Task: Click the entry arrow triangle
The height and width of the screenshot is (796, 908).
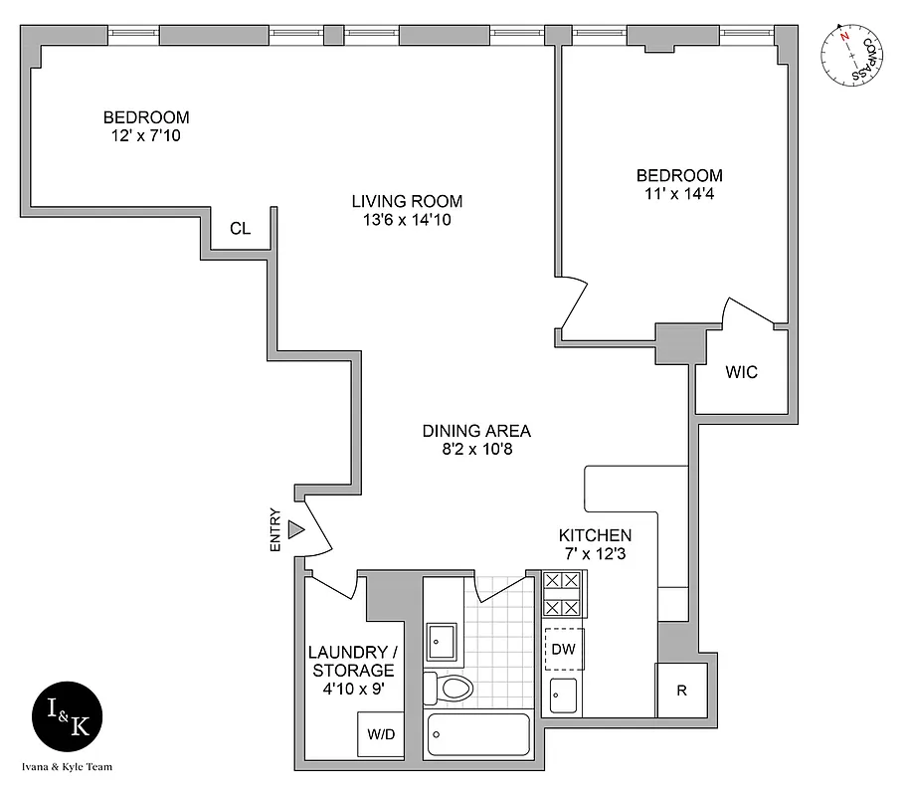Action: click(x=295, y=530)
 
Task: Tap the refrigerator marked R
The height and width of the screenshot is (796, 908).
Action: click(x=681, y=690)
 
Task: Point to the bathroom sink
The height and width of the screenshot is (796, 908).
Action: click(x=442, y=642)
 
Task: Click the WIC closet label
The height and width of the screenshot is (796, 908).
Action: click(x=741, y=373)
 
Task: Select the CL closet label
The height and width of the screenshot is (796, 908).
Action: click(x=240, y=229)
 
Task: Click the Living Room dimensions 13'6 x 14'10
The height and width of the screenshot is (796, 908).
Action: click(x=407, y=220)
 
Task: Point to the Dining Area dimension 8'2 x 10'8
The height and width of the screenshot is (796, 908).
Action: click(x=476, y=450)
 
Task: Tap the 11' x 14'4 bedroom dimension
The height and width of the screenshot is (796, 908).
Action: click(x=679, y=194)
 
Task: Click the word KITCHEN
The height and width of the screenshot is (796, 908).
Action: click(x=595, y=535)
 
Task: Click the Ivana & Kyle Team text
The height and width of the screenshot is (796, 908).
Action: click(x=66, y=767)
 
